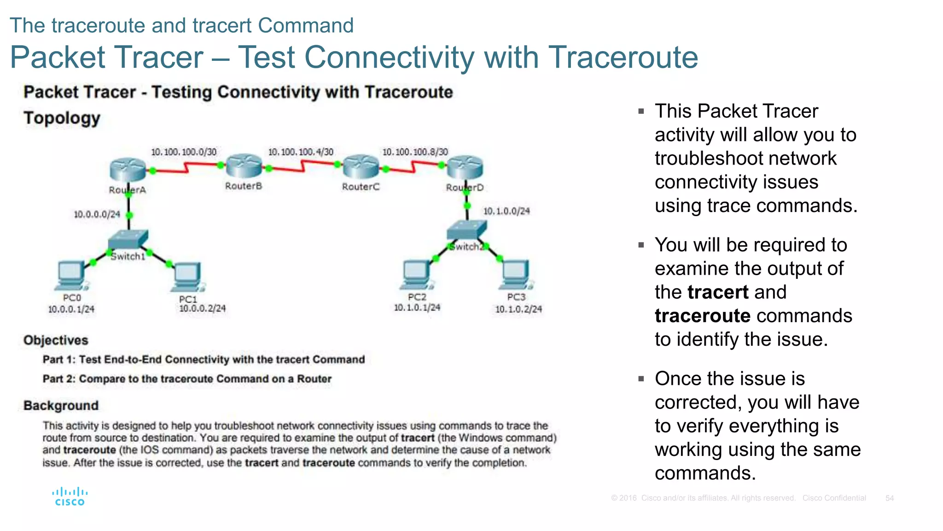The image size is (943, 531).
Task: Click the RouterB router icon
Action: pyautogui.click(x=244, y=167)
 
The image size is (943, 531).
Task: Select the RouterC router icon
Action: pyautogui.click(x=361, y=167)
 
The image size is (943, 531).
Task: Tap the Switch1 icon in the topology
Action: pyautogui.click(x=128, y=240)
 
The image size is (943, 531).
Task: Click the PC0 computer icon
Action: pyautogui.click(x=71, y=276)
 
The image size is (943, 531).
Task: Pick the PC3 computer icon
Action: pyautogui.click(x=516, y=274)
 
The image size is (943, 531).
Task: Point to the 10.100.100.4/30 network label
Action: pyautogui.click(x=301, y=152)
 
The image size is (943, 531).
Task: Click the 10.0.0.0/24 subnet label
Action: pyautogui.click(x=97, y=214)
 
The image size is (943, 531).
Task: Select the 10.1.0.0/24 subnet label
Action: pyautogui.click(x=506, y=211)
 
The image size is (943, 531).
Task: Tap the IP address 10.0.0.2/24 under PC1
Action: pyautogui.click(x=202, y=308)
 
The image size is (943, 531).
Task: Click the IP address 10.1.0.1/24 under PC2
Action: pyautogui.click(x=417, y=307)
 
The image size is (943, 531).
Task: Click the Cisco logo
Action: pyautogui.click(x=70, y=497)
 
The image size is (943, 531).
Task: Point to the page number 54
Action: pyautogui.click(x=889, y=498)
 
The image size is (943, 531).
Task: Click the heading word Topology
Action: pyautogui.click(x=62, y=118)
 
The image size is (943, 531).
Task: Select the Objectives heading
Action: pyautogui.click(x=56, y=340)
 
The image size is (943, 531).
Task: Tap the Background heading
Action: pyautogui.click(x=61, y=406)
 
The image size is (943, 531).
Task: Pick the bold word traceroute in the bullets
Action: pyautogui.click(x=703, y=316)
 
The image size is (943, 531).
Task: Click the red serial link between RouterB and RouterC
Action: pyautogui.click(x=303, y=166)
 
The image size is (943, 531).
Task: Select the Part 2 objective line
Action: pyautogui.click(x=187, y=379)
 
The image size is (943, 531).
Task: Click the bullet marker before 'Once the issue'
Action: pyautogui.click(x=641, y=379)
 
